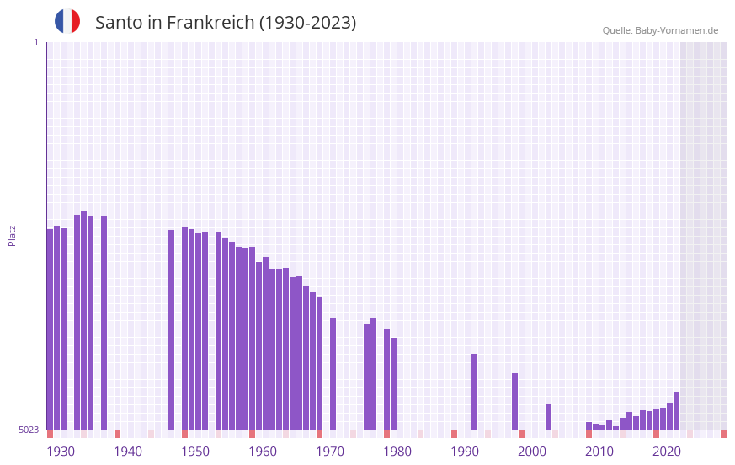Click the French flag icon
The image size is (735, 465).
(x=67, y=22)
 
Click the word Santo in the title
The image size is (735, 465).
(x=119, y=23)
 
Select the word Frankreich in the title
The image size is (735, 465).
(x=210, y=23)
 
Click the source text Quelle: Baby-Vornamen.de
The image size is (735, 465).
(x=660, y=30)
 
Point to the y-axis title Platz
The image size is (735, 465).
(x=12, y=235)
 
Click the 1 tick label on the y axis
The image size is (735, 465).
(x=35, y=42)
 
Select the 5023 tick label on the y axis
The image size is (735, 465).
(x=29, y=430)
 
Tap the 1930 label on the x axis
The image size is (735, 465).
(x=61, y=452)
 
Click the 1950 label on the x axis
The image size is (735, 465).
(x=195, y=452)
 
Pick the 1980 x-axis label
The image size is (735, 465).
(x=397, y=452)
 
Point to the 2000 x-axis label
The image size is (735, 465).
(x=532, y=452)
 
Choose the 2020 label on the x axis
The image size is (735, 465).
(x=667, y=452)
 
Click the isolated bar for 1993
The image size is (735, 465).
(x=474, y=392)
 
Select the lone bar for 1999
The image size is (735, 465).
(x=514, y=401)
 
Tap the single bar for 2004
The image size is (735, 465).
(x=548, y=416)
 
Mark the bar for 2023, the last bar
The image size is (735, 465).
(x=676, y=410)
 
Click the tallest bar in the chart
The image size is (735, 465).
(x=83, y=320)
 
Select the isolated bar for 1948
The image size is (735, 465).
(x=171, y=329)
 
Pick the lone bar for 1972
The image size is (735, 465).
(x=333, y=374)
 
